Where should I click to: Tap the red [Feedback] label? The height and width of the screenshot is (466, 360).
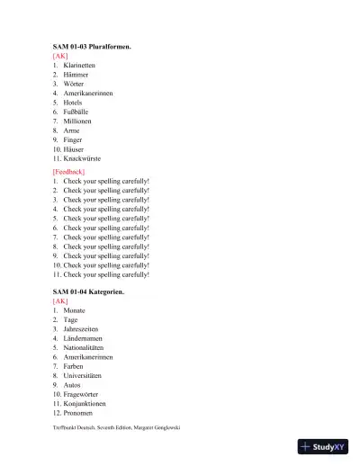pos(68,171)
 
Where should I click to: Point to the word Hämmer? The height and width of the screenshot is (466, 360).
pos(76,75)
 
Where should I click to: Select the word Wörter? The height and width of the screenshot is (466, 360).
pos(75,84)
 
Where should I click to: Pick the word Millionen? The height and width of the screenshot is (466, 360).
pos(77,121)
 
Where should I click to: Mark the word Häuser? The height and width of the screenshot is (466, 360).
pos(76,148)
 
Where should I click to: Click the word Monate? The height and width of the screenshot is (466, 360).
pos(75,310)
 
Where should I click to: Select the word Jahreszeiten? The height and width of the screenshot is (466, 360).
pos(81,329)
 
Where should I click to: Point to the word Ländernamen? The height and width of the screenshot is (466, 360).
pos(82,338)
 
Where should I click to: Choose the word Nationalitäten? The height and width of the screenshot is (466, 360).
pos(85,347)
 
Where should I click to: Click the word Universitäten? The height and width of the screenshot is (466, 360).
pos(83,375)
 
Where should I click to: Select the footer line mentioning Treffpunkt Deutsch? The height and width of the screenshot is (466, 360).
pos(117,427)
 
